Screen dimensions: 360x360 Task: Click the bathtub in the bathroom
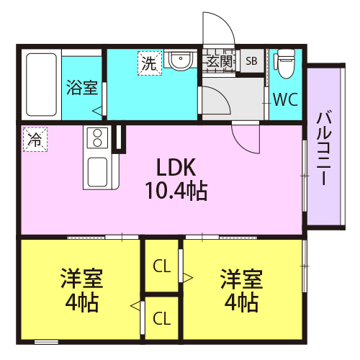(41, 84)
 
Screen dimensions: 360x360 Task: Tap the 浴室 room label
(82, 87)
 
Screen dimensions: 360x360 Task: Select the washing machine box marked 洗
(150, 63)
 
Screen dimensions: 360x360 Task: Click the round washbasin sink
(181, 60)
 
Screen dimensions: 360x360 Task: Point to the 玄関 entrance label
(220, 62)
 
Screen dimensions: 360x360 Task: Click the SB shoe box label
(251, 61)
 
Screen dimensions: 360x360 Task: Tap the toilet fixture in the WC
(285, 63)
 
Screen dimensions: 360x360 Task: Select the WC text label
(286, 99)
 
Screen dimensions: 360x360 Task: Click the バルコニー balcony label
(324, 148)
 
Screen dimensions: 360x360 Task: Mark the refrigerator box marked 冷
(35, 140)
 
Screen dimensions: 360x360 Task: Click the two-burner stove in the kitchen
(97, 138)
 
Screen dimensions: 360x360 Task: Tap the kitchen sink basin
(97, 172)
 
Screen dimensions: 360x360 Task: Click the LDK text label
(176, 167)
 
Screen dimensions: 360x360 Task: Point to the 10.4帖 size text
(176, 191)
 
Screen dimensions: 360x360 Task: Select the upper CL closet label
(162, 266)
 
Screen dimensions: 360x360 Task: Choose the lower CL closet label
(162, 318)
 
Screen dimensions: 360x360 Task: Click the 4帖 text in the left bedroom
(82, 302)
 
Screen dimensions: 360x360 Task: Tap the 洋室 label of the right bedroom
(242, 279)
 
